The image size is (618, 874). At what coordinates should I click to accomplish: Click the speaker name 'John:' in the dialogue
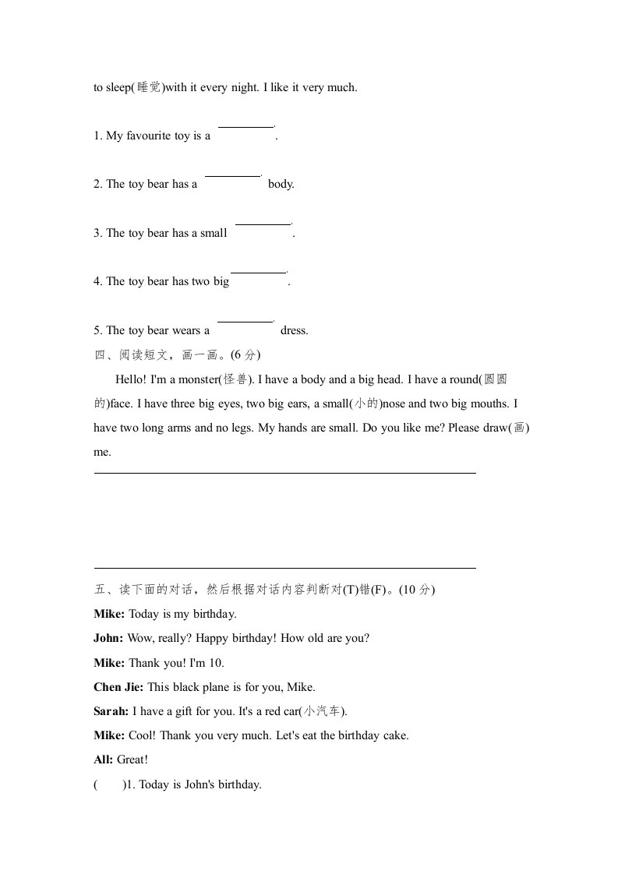tap(108, 638)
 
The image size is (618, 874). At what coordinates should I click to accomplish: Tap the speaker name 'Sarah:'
tap(111, 711)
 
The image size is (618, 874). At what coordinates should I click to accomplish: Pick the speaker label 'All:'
tap(104, 759)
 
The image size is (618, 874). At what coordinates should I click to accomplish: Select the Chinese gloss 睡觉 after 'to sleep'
tap(149, 87)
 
